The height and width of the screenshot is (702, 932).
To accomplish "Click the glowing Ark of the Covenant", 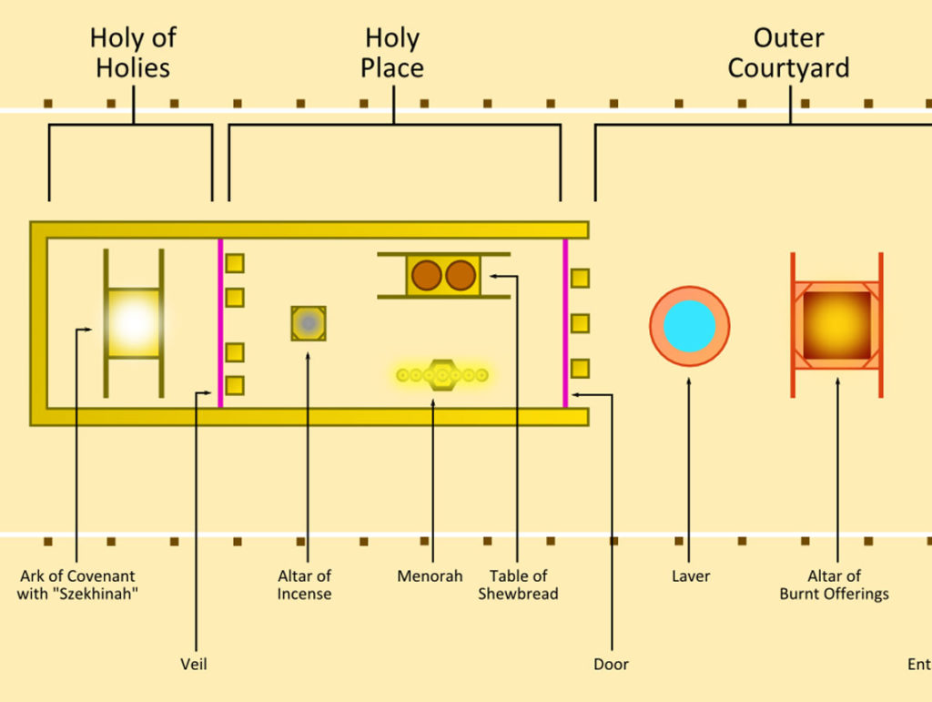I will pyautogui.click(x=134, y=322).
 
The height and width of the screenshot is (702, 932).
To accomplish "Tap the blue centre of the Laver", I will pyautogui.click(x=689, y=326).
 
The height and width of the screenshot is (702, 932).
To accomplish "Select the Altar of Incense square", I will pyautogui.click(x=309, y=323).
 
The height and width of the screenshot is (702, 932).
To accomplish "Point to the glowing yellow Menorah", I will pyautogui.click(x=442, y=374).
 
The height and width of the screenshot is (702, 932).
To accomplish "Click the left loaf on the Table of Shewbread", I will pyautogui.click(x=426, y=276).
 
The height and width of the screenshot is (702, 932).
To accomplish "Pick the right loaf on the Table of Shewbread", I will pyautogui.click(x=461, y=276).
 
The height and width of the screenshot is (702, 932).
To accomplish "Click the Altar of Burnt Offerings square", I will pyautogui.click(x=836, y=325).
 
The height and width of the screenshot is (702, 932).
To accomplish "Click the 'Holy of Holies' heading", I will pyautogui.click(x=133, y=53).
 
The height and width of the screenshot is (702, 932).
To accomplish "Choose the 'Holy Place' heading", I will pyautogui.click(x=392, y=53).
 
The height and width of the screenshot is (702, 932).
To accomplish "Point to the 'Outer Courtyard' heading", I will pyautogui.click(x=788, y=53).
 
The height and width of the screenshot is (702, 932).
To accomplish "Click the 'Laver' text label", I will pyautogui.click(x=690, y=576).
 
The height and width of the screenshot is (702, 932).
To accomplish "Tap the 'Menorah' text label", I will pyautogui.click(x=430, y=576).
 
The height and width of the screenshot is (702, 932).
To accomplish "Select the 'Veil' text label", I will pyautogui.click(x=194, y=665).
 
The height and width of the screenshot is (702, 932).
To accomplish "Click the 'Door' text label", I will pyautogui.click(x=611, y=665).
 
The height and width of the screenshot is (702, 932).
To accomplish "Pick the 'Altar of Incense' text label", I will pyautogui.click(x=304, y=585).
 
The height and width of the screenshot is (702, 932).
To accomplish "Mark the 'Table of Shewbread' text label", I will pyautogui.click(x=518, y=585).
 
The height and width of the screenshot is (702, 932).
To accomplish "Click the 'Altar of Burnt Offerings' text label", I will pyautogui.click(x=834, y=585).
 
